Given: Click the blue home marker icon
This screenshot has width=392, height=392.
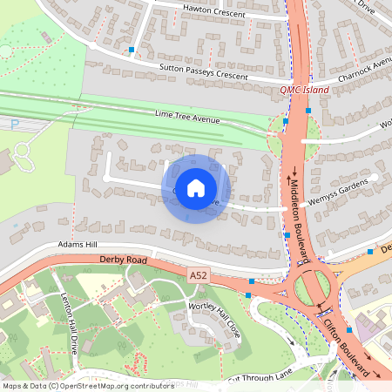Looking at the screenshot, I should pos(196,188).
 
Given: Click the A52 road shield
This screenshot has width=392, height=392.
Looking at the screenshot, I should pos(199,275).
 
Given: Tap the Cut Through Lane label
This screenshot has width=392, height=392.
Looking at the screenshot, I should pos(259,375).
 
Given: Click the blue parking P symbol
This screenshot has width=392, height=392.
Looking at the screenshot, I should pos(14,125).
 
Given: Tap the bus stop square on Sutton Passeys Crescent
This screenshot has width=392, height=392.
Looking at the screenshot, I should pos(132,51).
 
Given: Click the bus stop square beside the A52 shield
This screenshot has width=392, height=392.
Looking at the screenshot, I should pos(252,281).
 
